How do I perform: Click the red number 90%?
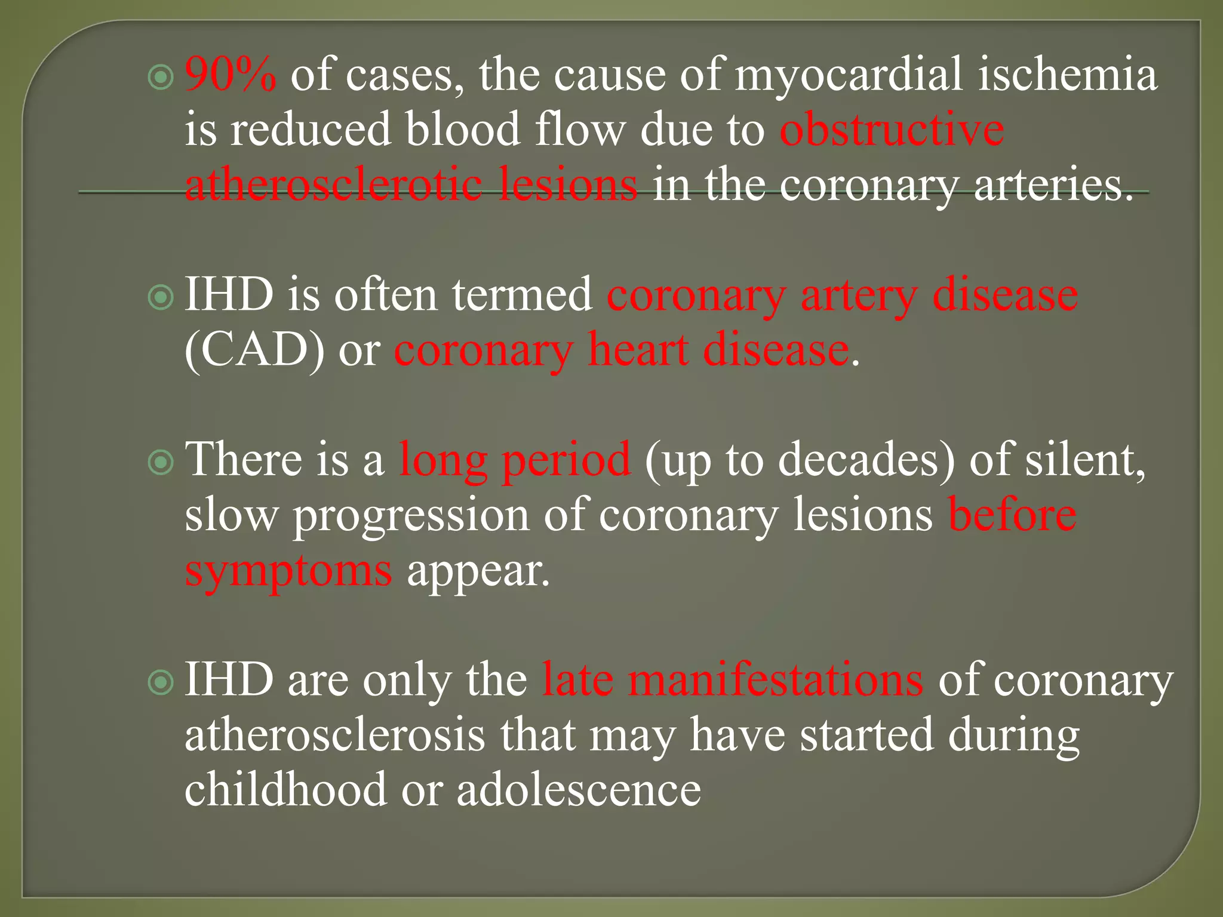coord(231,75)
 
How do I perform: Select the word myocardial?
coord(849,75)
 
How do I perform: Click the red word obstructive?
coord(892,130)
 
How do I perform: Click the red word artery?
coord(859,296)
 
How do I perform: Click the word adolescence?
coord(579,790)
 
